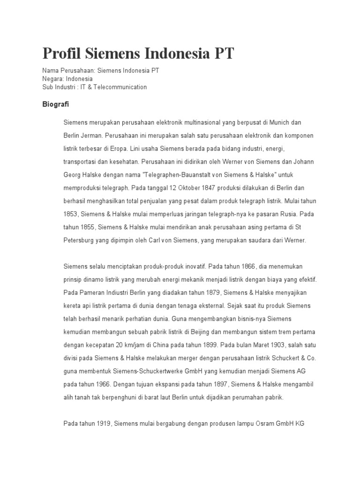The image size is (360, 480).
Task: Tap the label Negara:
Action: coord(53,79)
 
